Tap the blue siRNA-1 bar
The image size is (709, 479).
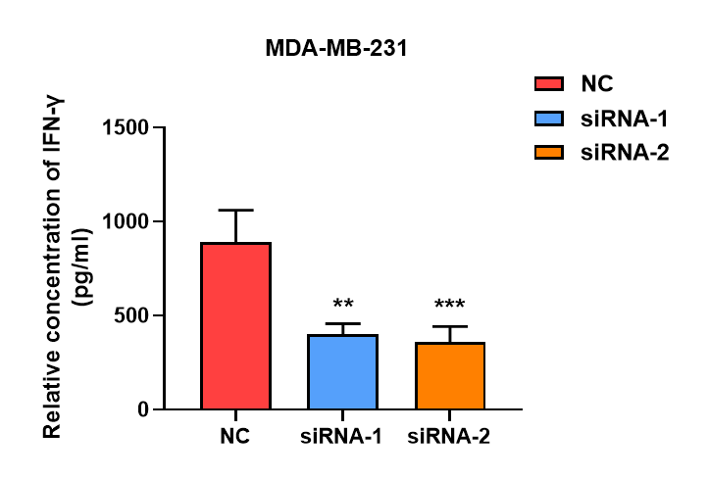tap(343, 371)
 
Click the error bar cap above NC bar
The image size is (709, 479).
tap(235, 210)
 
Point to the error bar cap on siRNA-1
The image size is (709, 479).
tap(343, 323)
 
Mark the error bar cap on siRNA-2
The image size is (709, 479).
tap(450, 326)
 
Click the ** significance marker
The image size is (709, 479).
tap(343, 304)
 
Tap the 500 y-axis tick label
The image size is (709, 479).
tap(133, 315)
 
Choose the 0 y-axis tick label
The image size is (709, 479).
tap(143, 409)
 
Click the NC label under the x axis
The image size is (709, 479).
tap(235, 436)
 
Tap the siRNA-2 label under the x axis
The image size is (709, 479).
tap(450, 436)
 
